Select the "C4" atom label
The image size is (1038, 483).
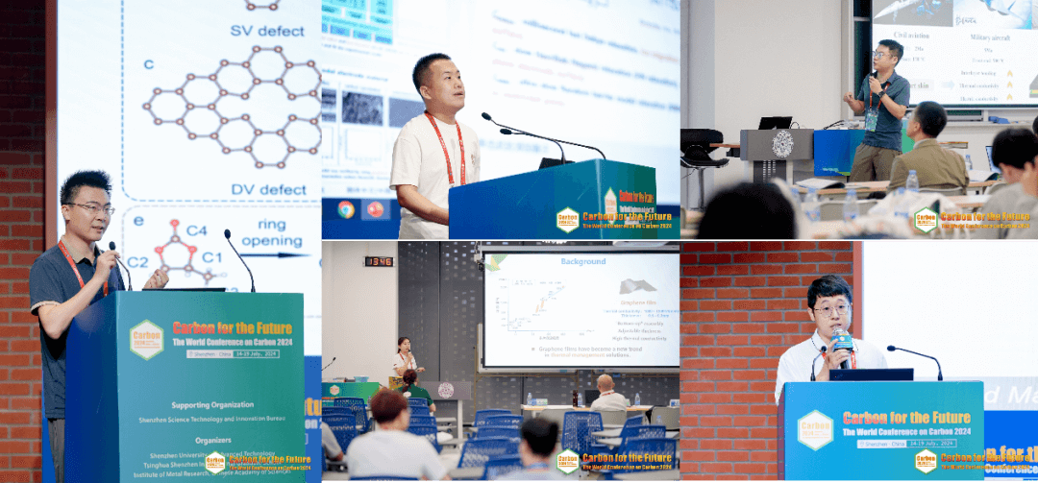(x=196, y=230)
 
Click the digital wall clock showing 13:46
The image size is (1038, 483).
(x=378, y=261)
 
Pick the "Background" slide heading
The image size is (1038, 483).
(x=583, y=261)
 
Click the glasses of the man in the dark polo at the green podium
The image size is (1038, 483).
(x=88, y=207)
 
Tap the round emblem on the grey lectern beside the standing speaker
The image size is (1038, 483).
(x=782, y=144)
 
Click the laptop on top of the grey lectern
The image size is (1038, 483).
(x=776, y=122)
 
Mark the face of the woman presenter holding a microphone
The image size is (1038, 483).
(x=405, y=346)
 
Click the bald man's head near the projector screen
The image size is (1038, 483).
(x=605, y=383)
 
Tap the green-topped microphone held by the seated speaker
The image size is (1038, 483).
(x=842, y=340)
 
